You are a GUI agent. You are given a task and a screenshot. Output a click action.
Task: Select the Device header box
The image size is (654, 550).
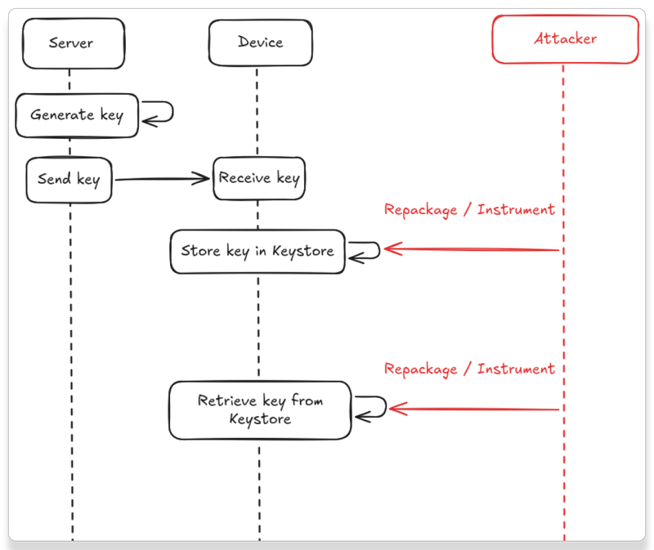(x=259, y=42)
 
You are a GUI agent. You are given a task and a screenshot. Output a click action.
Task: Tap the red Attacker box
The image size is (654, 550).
(x=565, y=39)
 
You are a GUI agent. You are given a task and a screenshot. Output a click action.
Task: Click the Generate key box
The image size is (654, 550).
(x=77, y=115)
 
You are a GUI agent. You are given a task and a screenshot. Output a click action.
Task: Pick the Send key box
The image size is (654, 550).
(x=69, y=179)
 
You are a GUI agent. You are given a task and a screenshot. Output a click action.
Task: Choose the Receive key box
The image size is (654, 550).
(x=259, y=178)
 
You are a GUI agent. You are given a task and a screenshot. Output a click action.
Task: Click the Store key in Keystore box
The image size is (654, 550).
(x=258, y=251)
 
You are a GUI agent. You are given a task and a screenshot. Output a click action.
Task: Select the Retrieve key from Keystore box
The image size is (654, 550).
(x=260, y=410)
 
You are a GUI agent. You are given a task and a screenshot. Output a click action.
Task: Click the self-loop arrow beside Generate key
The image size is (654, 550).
(x=160, y=113)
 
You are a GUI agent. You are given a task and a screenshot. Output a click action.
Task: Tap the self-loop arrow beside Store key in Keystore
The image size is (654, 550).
(x=365, y=250)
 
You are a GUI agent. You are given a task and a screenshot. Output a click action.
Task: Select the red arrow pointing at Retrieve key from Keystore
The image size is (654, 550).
(x=474, y=408)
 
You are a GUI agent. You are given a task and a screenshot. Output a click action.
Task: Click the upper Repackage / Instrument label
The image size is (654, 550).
(x=469, y=210)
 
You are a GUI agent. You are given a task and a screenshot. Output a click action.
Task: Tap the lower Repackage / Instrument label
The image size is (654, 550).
(x=469, y=369)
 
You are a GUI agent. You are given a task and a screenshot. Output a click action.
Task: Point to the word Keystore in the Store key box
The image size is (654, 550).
(x=302, y=251)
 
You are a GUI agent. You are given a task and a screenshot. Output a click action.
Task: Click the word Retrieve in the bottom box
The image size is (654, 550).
(x=227, y=400)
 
